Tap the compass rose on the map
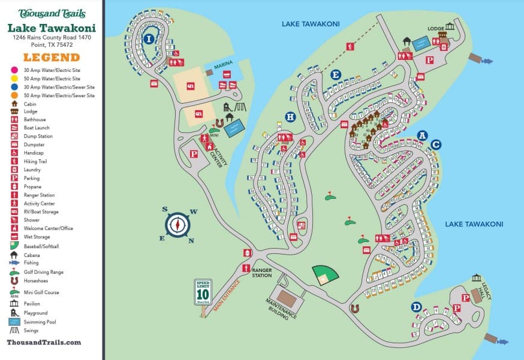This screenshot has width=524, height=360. click(177, 225)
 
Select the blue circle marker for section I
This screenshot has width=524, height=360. click(149, 39)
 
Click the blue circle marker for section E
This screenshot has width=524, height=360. click(336, 74)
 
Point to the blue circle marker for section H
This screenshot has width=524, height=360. click(290, 117)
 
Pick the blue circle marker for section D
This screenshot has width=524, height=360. click(416, 307)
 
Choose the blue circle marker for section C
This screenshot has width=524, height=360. click(436, 144)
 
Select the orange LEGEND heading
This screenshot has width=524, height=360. click(51, 58)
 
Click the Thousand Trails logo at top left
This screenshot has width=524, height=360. click(52, 13)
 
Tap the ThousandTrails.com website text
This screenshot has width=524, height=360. click(44, 342)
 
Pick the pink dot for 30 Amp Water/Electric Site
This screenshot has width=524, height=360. click(13, 70)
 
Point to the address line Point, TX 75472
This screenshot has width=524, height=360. click(51, 44)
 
